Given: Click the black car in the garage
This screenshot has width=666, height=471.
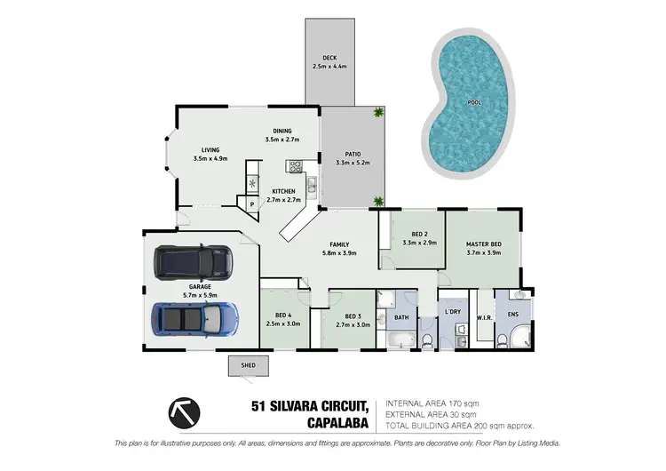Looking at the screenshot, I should point(194,261).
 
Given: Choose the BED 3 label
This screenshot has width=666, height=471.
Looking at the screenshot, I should point(353,317).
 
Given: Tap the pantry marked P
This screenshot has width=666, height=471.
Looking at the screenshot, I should point(252,204).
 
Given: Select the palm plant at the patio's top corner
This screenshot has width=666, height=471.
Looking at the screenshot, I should point(379,112).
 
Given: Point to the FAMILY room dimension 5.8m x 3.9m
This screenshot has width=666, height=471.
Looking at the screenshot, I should point(339,252).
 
